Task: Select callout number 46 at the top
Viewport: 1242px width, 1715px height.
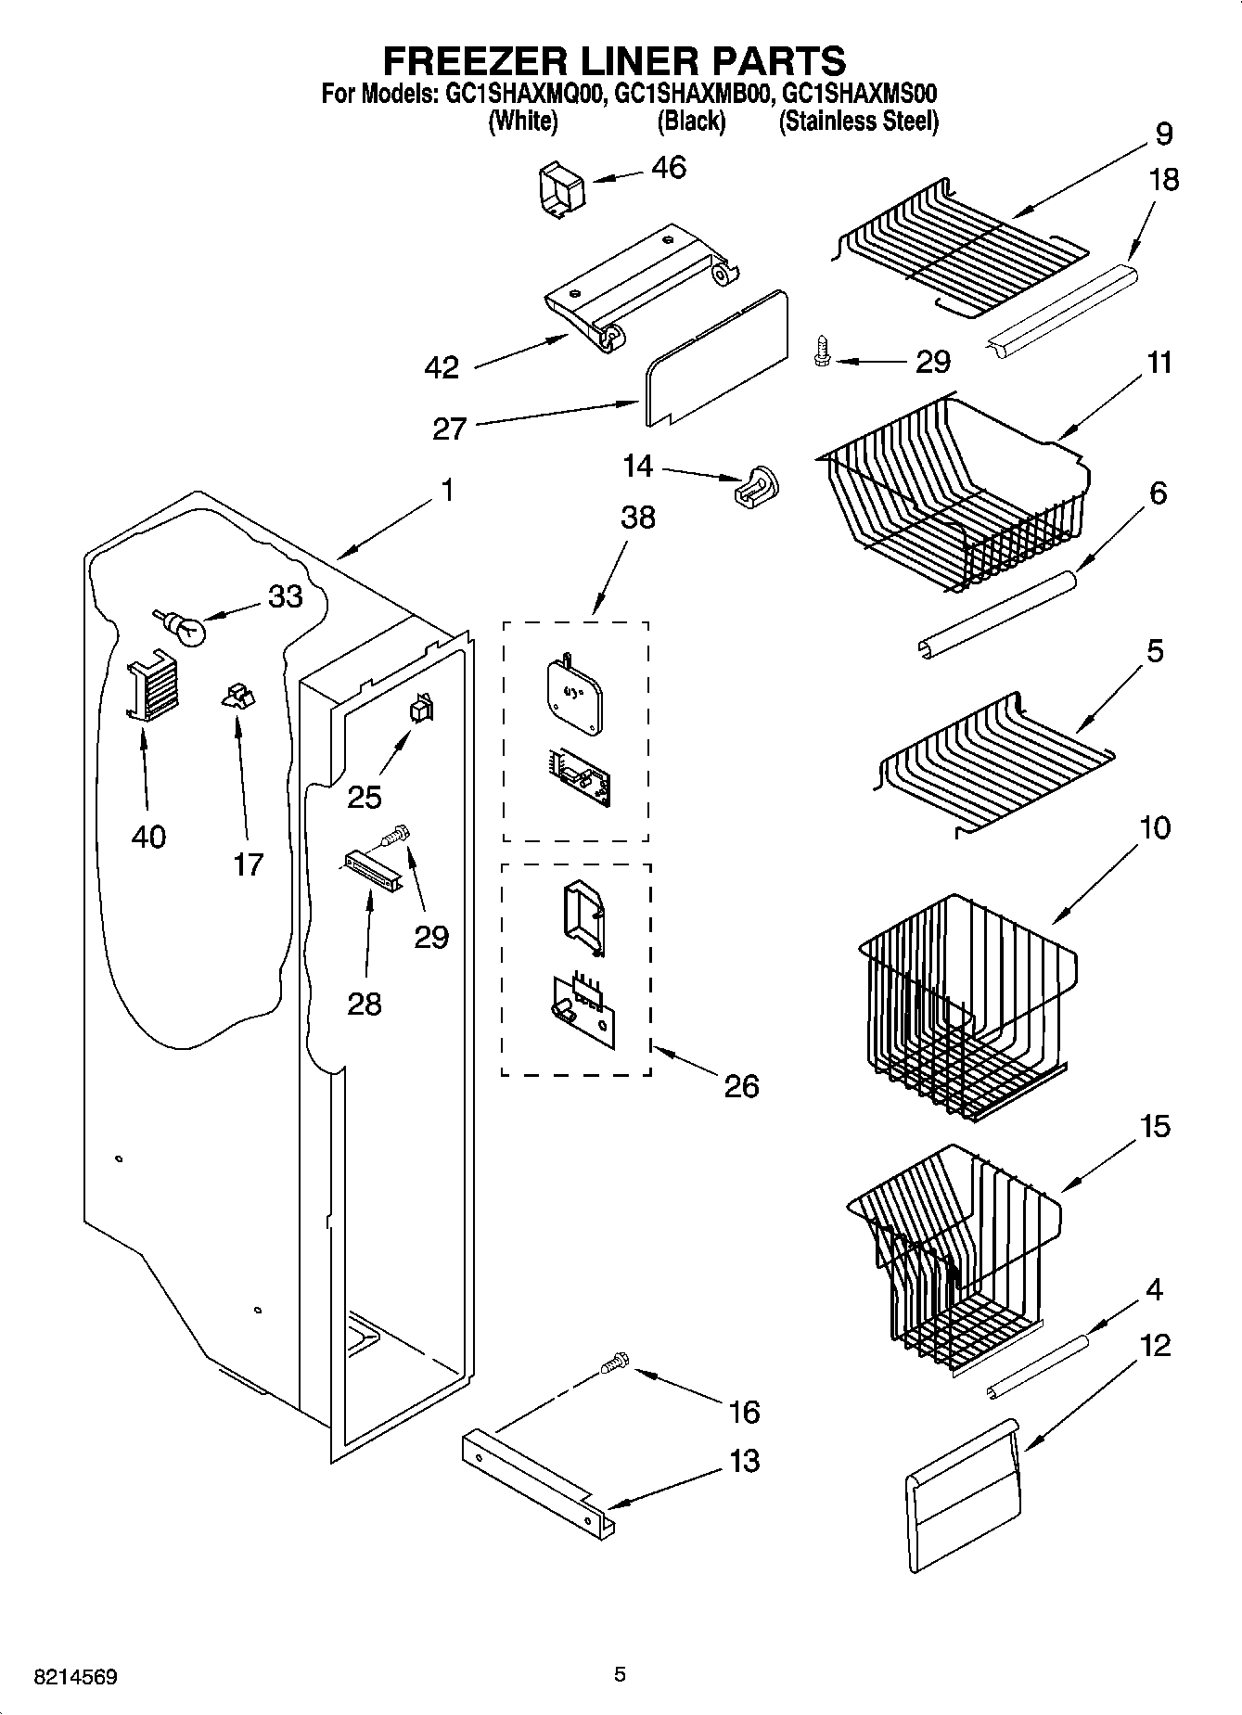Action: [669, 168]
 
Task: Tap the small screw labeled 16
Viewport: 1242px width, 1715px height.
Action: [612, 1364]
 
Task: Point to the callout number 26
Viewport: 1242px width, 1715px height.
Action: [741, 1085]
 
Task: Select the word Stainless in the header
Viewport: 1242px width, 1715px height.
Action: [827, 122]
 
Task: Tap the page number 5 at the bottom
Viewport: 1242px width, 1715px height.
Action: [620, 1675]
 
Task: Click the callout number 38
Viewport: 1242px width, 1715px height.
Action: [638, 517]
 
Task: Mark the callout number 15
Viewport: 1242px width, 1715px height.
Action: [1155, 1127]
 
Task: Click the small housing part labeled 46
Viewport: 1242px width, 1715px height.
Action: [562, 189]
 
